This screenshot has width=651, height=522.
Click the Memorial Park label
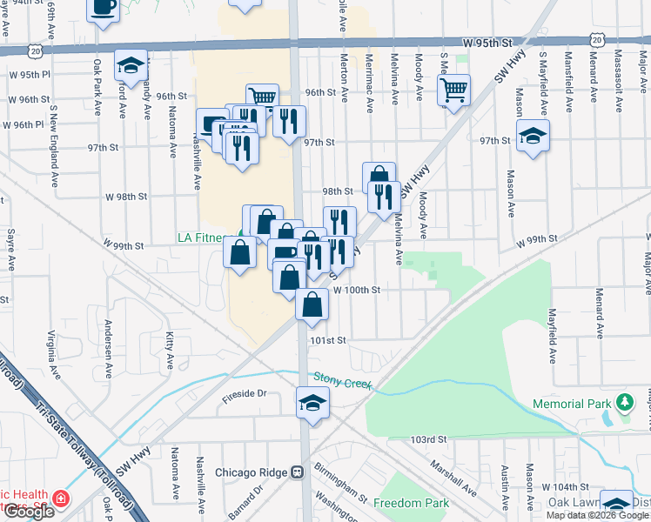[x=570, y=404]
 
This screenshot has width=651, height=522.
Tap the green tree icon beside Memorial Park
[x=622, y=403]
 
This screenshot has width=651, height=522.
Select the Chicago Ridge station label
[x=252, y=473]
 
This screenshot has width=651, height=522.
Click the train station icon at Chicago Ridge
[x=298, y=473]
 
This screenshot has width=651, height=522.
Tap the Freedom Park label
[x=412, y=503]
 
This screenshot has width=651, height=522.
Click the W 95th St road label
[x=488, y=41]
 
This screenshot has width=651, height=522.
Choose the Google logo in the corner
[x=29, y=512]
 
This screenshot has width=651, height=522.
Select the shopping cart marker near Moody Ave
[x=453, y=89]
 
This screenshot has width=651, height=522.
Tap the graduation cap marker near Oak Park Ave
[x=131, y=65]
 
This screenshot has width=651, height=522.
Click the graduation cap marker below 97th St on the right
[x=533, y=136]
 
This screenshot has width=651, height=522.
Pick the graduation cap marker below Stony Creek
[x=312, y=403]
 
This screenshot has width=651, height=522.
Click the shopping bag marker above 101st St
[x=312, y=304]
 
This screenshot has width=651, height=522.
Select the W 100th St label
[x=357, y=290]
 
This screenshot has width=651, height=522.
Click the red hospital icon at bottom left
[x=61, y=499]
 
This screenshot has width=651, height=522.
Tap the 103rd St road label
[x=429, y=440]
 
